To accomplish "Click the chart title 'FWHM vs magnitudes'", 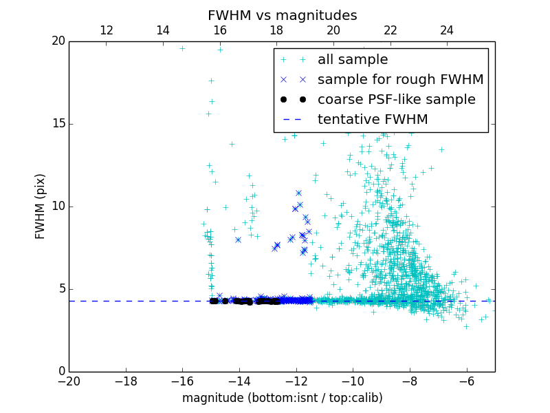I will coord(282,15).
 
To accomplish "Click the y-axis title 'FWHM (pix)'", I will coord(41,206).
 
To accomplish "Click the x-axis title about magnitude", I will coord(282,398).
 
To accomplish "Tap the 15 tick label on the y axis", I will coord(58,124).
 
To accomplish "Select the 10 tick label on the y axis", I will coord(58,206).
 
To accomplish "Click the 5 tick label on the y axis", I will coord(60,289).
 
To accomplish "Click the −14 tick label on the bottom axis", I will coord(239,381).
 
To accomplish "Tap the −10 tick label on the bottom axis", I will coord(353,381).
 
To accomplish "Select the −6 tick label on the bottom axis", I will coord(466,381).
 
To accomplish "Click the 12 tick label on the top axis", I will coord(107,30).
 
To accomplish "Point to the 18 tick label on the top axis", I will coord(276,30).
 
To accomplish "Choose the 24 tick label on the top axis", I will coord(447,30).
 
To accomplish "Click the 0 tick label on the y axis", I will coord(60,372).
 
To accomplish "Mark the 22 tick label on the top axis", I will coord(390,30).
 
